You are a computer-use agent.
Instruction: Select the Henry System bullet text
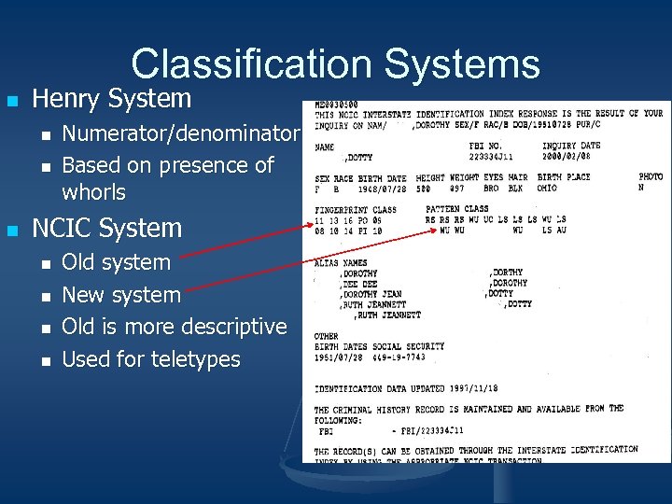111,99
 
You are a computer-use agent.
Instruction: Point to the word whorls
93,192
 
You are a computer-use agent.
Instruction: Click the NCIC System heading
106,228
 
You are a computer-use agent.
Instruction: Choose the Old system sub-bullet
116,262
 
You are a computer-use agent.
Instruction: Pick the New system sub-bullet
120,295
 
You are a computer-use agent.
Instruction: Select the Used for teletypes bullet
150,359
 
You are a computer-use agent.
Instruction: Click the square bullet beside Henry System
12,99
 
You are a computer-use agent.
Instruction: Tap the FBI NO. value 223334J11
492,157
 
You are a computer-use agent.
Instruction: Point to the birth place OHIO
547,188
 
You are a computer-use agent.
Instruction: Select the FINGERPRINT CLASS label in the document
356,210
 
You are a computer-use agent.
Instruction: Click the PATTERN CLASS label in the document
456,210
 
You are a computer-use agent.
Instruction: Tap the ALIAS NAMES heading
341,263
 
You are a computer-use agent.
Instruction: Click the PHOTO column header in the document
651,177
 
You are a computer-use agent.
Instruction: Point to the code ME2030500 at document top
336,104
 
